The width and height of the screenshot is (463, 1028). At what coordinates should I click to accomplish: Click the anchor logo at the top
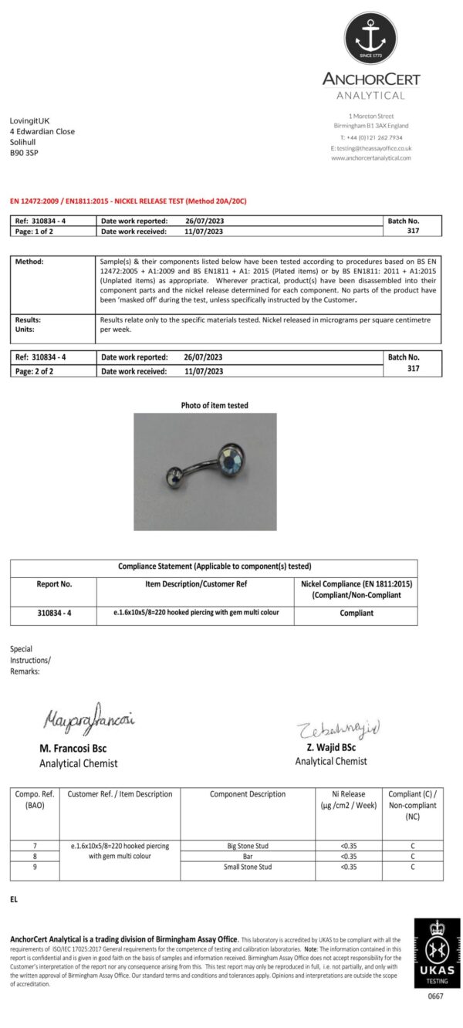[370, 37]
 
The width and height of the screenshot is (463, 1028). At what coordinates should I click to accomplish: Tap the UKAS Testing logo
[437, 951]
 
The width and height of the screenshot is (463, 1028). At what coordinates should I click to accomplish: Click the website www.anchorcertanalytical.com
[370, 158]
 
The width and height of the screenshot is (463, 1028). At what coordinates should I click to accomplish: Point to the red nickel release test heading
[128, 201]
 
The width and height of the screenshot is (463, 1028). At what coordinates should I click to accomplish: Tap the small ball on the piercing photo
[175, 476]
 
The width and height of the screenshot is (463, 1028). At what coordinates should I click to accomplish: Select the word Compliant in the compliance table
[356, 613]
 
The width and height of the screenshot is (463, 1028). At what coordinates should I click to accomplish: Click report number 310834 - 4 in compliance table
[54, 613]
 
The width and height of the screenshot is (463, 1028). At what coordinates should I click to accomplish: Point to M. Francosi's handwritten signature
[89, 722]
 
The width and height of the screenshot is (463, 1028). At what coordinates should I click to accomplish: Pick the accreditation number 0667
[437, 996]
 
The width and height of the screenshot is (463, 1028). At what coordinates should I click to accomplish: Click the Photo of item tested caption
[215, 405]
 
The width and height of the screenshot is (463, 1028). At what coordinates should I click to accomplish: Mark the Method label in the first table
[29, 262]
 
